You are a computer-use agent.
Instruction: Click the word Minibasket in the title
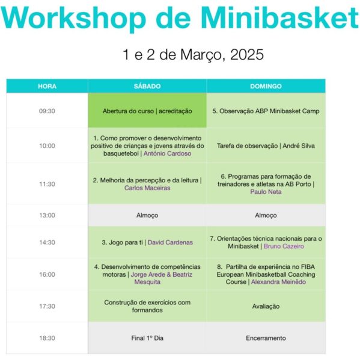[279, 18]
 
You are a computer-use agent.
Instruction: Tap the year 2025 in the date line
[247, 55]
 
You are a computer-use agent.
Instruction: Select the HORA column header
[47, 86]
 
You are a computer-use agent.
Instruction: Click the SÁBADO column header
[147, 86]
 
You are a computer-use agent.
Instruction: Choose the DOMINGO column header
[266, 86]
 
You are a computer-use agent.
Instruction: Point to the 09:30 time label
[47, 111]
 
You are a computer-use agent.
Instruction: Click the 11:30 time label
[47, 184]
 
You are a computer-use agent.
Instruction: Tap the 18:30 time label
[47, 338]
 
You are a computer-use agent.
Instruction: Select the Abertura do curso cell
[147, 111]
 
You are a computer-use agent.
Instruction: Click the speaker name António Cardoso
[167, 153]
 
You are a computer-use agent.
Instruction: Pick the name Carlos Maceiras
[147, 188]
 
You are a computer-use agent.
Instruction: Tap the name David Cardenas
[170, 242]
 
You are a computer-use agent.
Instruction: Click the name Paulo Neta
[266, 192]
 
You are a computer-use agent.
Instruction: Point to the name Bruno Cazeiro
[284, 246]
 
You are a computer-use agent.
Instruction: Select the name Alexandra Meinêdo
[279, 282]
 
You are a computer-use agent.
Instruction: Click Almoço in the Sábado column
[147, 215]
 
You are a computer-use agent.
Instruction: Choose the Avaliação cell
[266, 306]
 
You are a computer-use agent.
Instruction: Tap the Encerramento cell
[266, 338]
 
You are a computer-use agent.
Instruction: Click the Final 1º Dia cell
[147, 338]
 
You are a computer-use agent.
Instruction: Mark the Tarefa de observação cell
[266, 146]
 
